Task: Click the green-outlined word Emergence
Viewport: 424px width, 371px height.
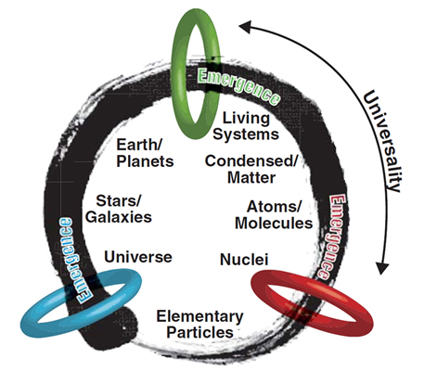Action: coord(238,86)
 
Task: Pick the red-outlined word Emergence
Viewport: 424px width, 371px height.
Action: coord(333,237)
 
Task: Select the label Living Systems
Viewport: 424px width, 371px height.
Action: coord(246,126)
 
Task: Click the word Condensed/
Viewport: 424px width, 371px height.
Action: coord(251,161)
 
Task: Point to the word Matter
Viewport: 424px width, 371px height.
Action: coord(251,178)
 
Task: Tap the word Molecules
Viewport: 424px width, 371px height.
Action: coord(274,224)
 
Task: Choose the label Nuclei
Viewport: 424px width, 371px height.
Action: coord(244,260)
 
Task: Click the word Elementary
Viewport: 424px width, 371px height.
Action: coord(200,317)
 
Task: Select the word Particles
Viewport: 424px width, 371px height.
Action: coord(200,333)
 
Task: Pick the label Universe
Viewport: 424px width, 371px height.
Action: coord(138,257)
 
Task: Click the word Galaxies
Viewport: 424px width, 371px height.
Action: coord(119,217)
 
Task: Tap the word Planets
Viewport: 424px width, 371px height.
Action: coord(145,161)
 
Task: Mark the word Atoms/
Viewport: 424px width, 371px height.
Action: coord(274,207)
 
